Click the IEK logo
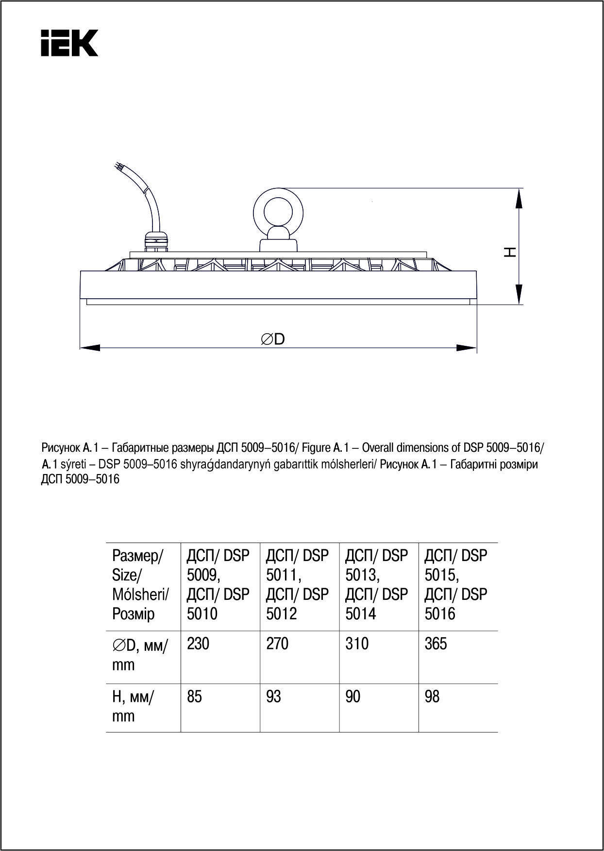[69, 43]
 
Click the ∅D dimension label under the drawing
[273, 339]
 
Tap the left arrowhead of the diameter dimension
[90, 347]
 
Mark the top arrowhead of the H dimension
[519, 199]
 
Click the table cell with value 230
[198, 644]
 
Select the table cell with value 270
[277, 644]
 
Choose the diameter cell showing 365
[436, 644]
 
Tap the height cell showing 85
[194, 697]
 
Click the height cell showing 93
[273, 697]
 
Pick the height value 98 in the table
[432, 697]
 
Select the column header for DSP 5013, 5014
[377, 584]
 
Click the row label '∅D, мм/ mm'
[140, 654]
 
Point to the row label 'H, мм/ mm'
[133, 706]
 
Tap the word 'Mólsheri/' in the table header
[140, 594]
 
